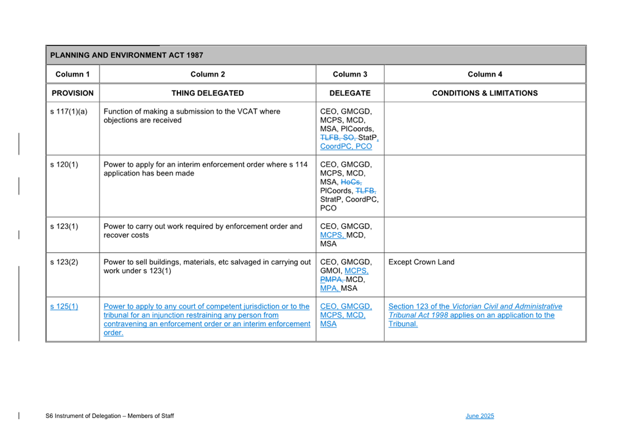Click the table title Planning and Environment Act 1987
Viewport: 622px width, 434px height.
coord(127,55)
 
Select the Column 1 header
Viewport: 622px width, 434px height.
coord(72,74)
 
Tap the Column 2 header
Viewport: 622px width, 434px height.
coord(208,74)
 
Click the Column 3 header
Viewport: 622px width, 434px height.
coord(350,74)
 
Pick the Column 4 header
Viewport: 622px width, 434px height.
coord(485,74)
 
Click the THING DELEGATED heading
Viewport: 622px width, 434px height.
coord(208,93)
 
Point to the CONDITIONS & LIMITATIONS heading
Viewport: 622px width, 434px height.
coord(485,93)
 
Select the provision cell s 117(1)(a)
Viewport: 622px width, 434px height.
coord(69,112)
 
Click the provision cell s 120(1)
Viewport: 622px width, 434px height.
coord(64,165)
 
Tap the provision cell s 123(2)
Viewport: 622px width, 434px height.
coord(64,262)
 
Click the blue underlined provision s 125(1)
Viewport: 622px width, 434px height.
coord(64,306)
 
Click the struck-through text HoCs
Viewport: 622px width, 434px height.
coord(351,182)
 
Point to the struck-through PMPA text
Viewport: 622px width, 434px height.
coord(332,279)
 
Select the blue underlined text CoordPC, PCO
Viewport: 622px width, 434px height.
coord(346,147)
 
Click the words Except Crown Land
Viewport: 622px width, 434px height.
coord(421,262)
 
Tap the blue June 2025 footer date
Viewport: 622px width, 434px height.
coord(479,416)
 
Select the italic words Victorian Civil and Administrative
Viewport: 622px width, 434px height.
coord(507,306)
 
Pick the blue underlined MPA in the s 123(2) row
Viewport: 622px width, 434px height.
coord(329,288)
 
